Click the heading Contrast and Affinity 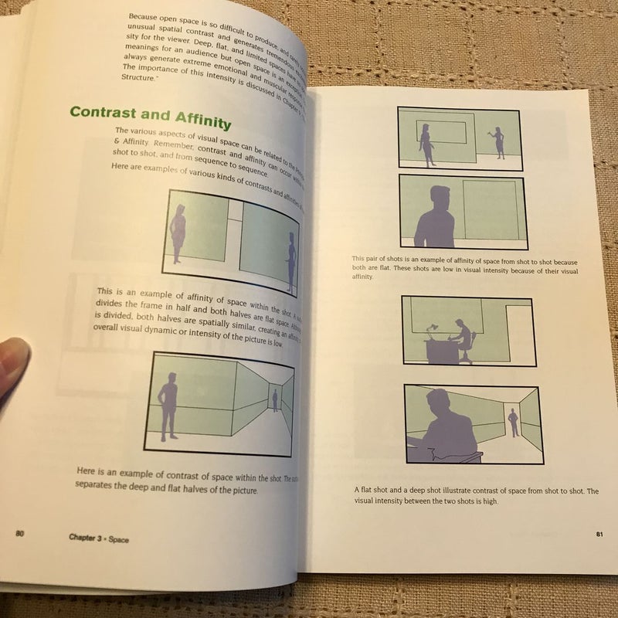coord(150,116)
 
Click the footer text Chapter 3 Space coord(97,538)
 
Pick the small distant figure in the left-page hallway coord(274,400)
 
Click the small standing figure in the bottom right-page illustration coord(512,424)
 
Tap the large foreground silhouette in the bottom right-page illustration coord(440,429)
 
